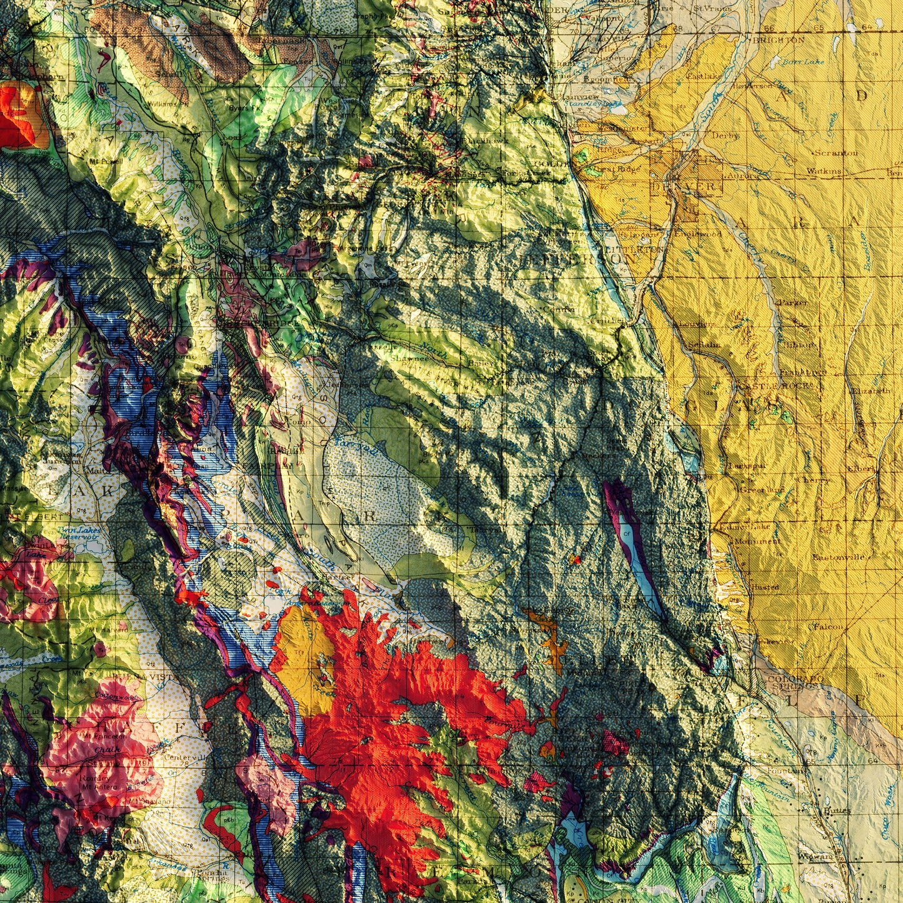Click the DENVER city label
pyautogui.click(x=686, y=186)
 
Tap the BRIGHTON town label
pyautogui.click(x=779, y=39)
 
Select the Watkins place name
pyautogui.click(x=824, y=171)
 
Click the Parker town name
pyautogui.click(x=792, y=302)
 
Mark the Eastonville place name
pyautogui.click(x=838, y=557)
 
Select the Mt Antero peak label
pyautogui.click(x=99, y=787)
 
